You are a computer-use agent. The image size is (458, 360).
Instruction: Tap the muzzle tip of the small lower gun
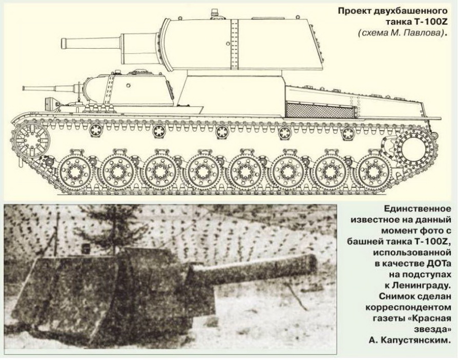(24, 88)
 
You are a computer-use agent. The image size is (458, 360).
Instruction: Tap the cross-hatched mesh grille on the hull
(320, 111)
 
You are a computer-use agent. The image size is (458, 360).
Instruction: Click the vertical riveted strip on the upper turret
(234, 44)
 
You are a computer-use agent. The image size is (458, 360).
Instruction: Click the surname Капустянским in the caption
(418, 341)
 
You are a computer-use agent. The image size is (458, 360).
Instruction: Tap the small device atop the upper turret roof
(214, 13)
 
